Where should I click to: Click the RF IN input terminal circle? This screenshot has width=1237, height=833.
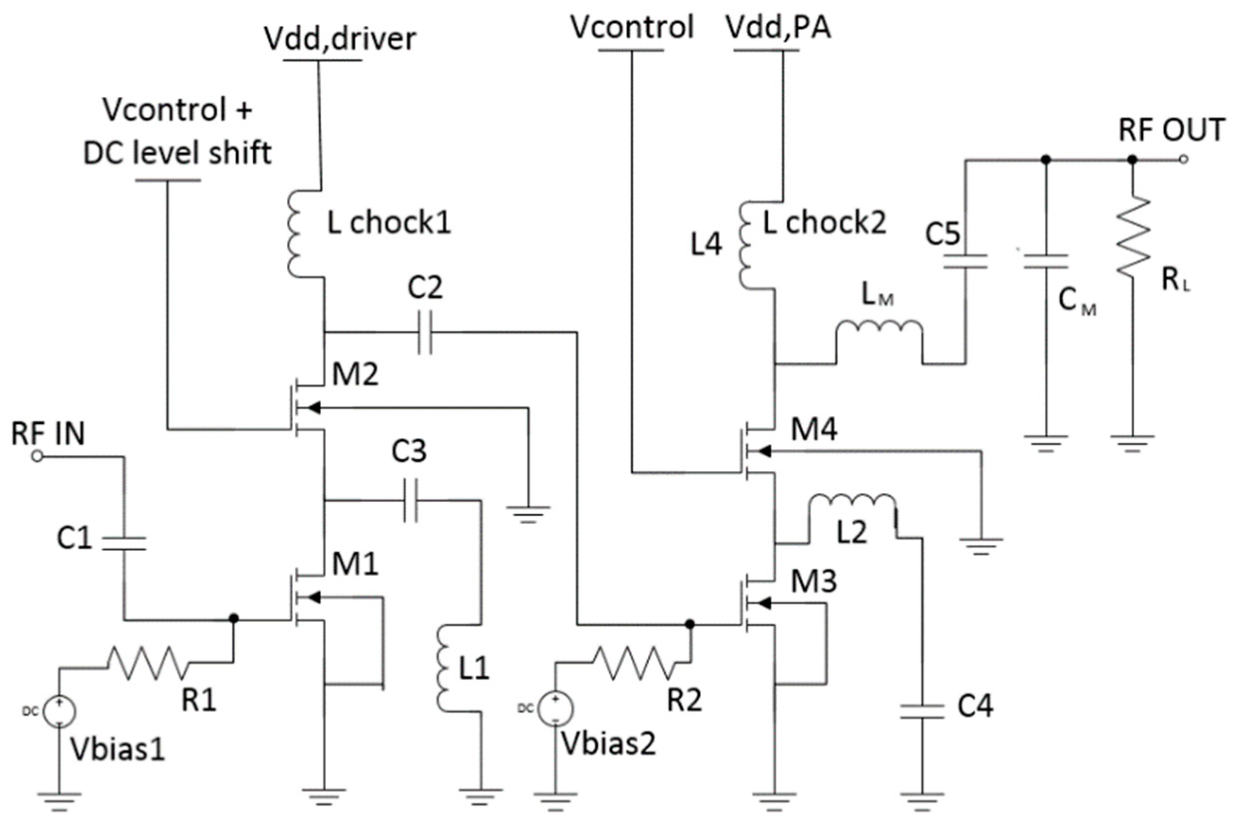[x=36, y=456]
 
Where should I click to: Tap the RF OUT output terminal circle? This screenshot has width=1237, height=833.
[x=1183, y=159]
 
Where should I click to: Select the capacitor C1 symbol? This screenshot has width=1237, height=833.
[x=124, y=543]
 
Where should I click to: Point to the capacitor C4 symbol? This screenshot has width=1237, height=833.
[x=922, y=711]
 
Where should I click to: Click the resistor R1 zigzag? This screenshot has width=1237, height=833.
[x=148, y=662]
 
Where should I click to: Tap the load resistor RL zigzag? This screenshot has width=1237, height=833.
[x=1132, y=236]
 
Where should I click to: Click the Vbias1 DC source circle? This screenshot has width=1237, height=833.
[x=58, y=711]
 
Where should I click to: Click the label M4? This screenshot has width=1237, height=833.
[x=813, y=429]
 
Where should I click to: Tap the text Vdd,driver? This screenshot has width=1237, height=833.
[x=340, y=39]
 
